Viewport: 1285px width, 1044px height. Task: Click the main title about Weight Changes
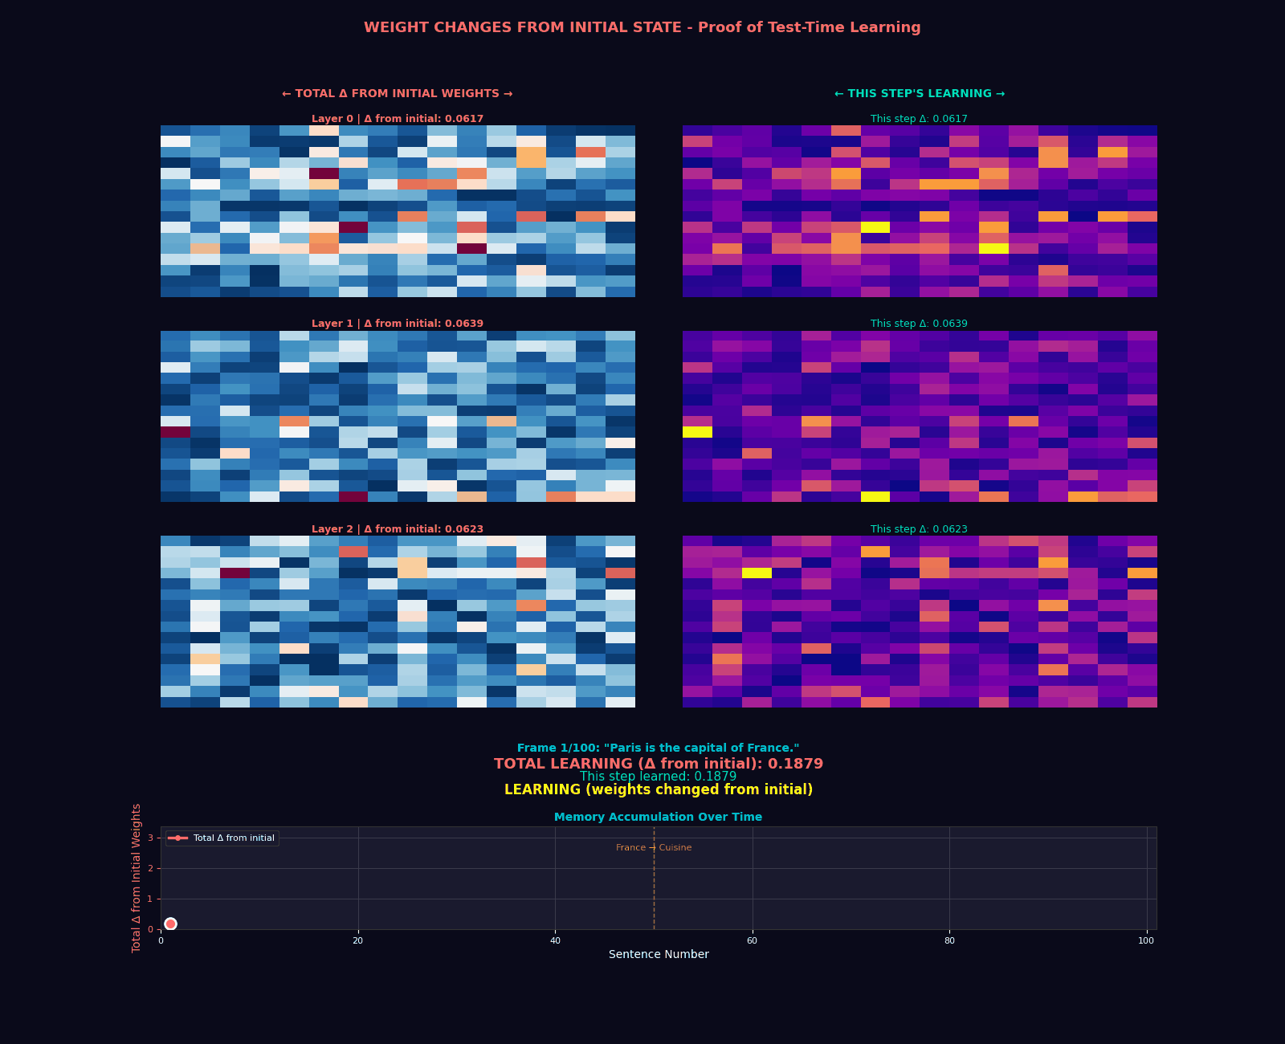[x=642, y=27]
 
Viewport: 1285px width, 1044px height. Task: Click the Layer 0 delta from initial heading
[x=398, y=119]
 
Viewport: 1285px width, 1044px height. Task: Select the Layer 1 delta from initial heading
[x=398, y=324]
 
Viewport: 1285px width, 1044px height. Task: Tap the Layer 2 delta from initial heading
[x=398, y=529]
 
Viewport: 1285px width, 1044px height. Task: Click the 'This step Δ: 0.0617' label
[x=919, y=119]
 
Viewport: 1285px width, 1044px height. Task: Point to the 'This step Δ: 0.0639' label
[x=919, y=324]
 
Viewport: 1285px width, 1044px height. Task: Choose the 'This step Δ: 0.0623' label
[x=919, y=529]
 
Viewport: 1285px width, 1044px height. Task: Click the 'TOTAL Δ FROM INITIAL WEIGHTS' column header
[x=397, y=94]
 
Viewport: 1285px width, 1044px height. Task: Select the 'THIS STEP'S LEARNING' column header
[x=919, y=94]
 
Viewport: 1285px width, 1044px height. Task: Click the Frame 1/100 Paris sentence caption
[x=658, y=748]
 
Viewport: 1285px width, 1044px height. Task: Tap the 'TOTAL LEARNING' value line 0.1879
[x=658, y=764]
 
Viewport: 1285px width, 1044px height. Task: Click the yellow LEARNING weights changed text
[x=658, y=790]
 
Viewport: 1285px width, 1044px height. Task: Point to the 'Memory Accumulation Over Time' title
[x=658, y=817]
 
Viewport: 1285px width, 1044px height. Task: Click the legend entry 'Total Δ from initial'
[x=233, y=838]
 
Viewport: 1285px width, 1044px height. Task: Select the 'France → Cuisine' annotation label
[x=653, y=848]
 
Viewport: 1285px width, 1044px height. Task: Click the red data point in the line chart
[x=170, y=924]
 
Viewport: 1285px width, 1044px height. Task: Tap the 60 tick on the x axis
[x=752, y=940]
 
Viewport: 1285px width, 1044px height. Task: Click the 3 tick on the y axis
[x=150, y=838]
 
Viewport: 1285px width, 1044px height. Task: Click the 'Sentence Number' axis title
[x=658, y=954]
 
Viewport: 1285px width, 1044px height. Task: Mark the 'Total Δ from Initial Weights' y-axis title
[x=137, y=878]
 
